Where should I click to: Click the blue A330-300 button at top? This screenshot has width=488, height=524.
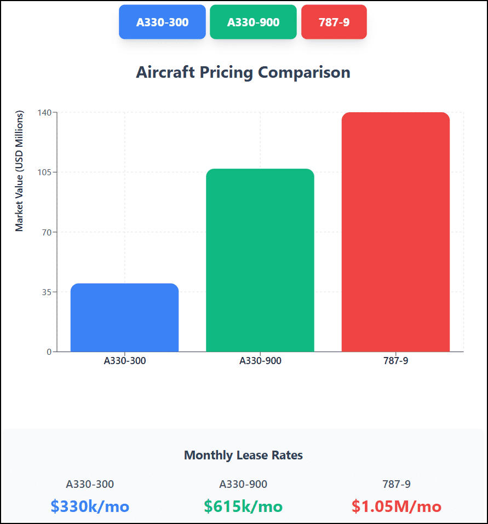[162, 22]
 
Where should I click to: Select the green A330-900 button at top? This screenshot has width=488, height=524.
[253, 22]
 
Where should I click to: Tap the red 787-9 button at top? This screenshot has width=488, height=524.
[334, 22]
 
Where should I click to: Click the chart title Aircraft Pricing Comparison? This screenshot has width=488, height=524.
[243, 72]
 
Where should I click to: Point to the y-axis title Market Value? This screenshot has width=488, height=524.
[20, 171]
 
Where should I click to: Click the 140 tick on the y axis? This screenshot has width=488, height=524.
[44, 112]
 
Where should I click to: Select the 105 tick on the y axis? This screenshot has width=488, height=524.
[44, 172]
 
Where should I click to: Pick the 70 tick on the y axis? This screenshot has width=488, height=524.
[46, 232]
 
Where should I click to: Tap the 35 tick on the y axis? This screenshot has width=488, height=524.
[46, 292]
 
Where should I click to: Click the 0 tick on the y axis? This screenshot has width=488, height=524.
[48, 352]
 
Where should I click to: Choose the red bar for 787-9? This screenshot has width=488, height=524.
[395, 232]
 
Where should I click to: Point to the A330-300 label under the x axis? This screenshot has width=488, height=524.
[125, 361]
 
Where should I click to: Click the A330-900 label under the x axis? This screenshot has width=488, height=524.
[260, 361]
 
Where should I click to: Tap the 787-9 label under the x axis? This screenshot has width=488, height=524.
[395, 361]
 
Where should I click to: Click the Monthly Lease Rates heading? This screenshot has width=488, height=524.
[243, 455]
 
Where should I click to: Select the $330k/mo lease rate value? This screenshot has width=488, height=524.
[90, 506]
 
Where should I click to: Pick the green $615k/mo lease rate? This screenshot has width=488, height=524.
[243, 506]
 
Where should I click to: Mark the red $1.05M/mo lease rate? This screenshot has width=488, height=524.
[397, 506]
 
